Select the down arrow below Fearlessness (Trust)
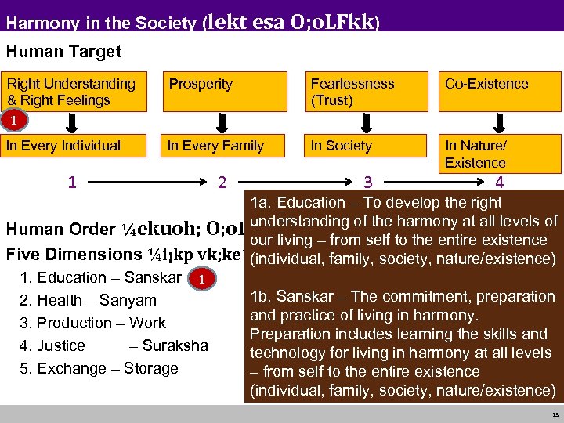366,123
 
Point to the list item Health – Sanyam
89,300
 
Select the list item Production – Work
92,323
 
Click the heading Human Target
63,52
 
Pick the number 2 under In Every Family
222,183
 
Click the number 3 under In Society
367,183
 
